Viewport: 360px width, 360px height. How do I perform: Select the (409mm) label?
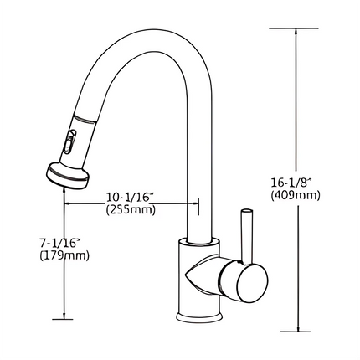click(296, 195)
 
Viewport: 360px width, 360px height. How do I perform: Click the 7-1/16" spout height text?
click(59, 242)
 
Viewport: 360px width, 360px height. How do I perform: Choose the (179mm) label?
click(64, 255)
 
